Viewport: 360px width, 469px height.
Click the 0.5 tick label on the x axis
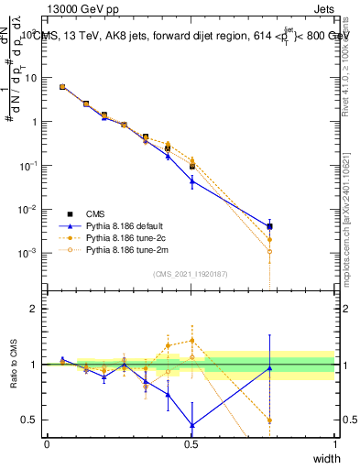[191, 443]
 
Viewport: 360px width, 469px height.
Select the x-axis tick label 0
[47, 443]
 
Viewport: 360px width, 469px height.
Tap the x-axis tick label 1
[335, 443]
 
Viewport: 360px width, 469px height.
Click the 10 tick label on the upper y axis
[31, 78]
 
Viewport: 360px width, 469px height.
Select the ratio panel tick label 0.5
[33, 420]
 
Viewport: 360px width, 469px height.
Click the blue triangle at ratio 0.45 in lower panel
[191, 425]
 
